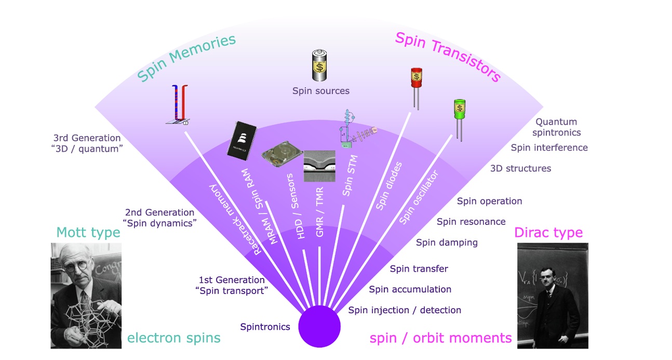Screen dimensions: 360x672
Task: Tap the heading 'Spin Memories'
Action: (187, 58)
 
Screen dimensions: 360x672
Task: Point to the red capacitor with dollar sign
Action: (416, 78)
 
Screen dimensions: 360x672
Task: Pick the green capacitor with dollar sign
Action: (459, 110)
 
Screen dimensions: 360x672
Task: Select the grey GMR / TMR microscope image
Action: (319, 166)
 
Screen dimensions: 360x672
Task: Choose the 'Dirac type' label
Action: (548, 232)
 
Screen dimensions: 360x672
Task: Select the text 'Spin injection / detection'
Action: (404, 310)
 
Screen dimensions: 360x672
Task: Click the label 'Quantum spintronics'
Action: (556, 127)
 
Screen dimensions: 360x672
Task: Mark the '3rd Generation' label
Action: (87, 138)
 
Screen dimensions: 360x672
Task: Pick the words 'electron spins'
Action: (173, 338)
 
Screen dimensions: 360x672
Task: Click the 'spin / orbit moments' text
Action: (440, 338)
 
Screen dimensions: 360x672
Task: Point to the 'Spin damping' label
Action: (447, 242)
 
